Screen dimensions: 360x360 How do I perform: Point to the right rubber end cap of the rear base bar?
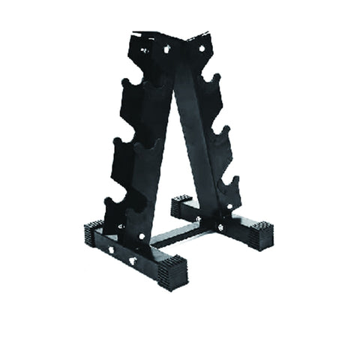260,233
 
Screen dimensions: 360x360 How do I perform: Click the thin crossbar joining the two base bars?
176,235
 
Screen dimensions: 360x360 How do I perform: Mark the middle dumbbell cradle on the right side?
221,135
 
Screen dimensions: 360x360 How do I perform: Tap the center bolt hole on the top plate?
166,50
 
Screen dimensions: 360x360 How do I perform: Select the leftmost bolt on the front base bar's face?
110,250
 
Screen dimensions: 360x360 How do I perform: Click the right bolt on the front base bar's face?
132,260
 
